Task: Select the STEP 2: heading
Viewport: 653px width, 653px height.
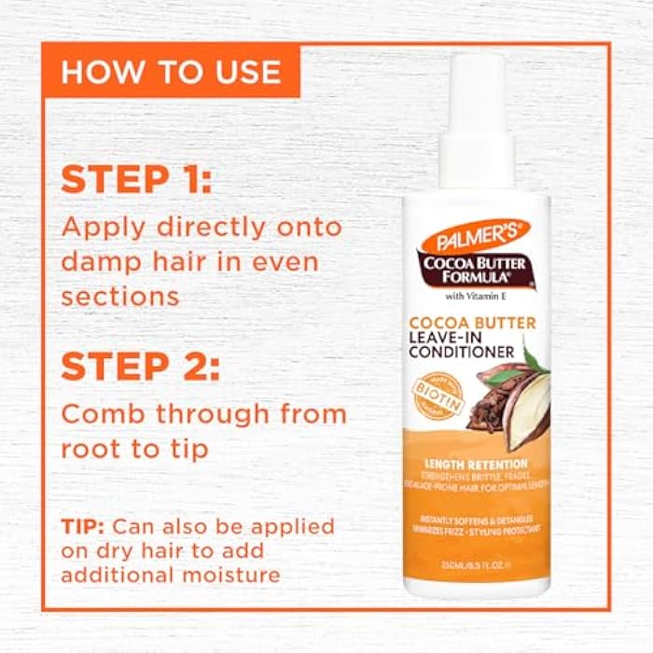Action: [141, 366]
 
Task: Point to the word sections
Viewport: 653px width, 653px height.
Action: [119, 296]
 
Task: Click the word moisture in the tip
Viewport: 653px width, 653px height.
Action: [229, 575]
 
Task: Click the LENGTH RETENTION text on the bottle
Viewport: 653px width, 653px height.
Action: [476, 463]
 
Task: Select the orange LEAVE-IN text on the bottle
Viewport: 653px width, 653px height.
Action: [447, 336]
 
